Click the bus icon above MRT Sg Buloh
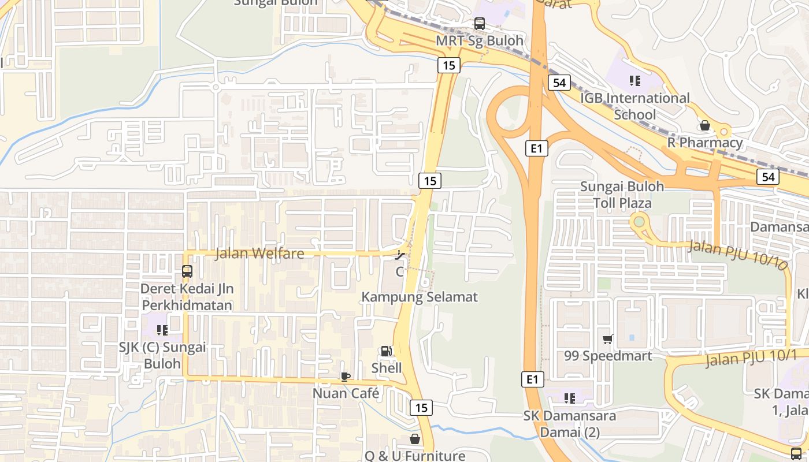click(479, 24)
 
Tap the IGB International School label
click(634, 106)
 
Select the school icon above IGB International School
click(635, 81)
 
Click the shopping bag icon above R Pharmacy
click(704, 125)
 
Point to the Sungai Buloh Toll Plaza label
click(622, 195)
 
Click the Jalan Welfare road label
click(259, 254)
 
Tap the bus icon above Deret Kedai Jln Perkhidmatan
click(187, 271)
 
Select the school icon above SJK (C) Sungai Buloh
click(162, 330)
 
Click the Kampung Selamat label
click(420, 297)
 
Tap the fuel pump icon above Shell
click(385, 351)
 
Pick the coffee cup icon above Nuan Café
click(345, 377)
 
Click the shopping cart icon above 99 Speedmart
click(607, 340)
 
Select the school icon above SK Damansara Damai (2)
click(569, 398)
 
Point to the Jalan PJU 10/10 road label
click(738, 255)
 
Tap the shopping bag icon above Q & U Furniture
click(414, 439)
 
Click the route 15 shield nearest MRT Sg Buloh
click(448, 65)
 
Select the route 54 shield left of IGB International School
click(559, 83)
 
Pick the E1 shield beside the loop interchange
click(537, 148)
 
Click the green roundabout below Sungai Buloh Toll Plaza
click(639, 221)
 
